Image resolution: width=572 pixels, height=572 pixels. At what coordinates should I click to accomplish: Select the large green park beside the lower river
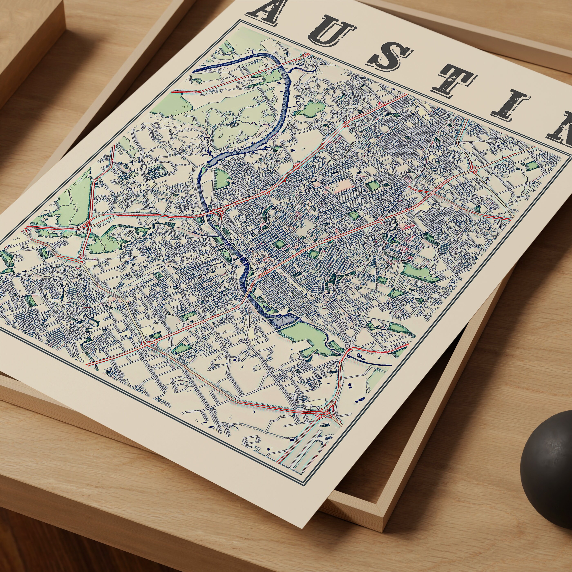305,337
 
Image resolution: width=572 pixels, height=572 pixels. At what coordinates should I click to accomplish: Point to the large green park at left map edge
74,198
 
